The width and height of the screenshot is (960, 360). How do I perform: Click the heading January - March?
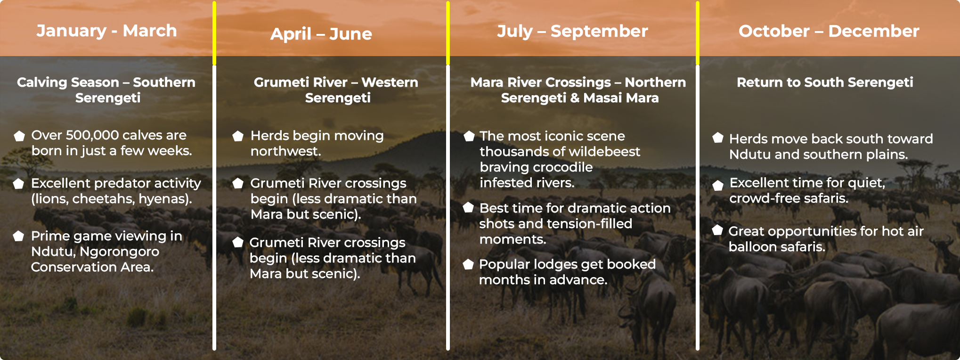(107, 31)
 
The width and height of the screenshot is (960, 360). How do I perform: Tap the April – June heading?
(321, 34)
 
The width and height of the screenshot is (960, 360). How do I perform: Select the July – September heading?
(572, 31)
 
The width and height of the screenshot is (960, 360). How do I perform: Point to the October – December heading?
(829, 31)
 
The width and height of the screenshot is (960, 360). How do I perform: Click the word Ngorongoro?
(120, 252)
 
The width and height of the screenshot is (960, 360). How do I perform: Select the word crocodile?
(559, 167)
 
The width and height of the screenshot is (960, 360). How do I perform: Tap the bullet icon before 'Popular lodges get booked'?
(468, 264)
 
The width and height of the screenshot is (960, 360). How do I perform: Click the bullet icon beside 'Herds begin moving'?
(238, 136)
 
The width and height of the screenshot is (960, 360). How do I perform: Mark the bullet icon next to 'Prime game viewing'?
(18, 236)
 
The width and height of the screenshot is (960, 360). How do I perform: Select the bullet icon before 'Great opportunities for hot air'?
(717, 230)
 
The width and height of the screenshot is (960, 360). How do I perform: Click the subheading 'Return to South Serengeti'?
(825, 82)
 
